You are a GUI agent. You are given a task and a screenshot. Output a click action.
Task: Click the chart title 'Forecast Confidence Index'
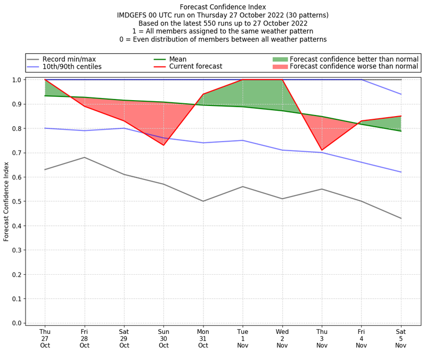(x=223, y=7)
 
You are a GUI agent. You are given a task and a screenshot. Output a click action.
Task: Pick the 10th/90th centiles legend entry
(x=72, y=67)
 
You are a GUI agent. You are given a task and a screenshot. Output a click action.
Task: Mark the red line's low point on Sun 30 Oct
(x=163, y=145)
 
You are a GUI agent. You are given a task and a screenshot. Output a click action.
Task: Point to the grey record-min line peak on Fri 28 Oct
(x=84, y=157)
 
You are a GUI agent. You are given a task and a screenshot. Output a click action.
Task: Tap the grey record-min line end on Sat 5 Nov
(x=401, y=218)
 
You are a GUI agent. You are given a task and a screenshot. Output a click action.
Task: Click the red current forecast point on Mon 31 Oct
(x=203, y=94)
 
